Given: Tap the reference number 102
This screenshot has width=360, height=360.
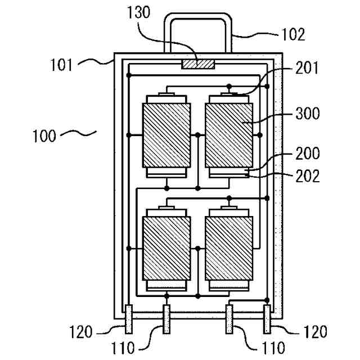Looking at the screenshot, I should pyautogui.click(x=294, y=34).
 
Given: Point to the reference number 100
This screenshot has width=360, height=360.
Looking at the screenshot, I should pyautogui.click(x=44, y=136).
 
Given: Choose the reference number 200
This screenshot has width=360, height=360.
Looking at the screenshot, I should pyautogui.click(x=307, y=154).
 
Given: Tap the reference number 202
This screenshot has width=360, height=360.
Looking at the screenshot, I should pyautogui.click(x=307, y=175).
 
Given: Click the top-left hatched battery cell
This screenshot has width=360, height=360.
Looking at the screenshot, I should pyautogui.click(x=166, y=134).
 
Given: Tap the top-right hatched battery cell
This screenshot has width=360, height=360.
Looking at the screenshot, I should pyautogui.click(x=228, y=134).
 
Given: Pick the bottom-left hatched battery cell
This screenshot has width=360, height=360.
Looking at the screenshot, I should pyautogui.click(x=166, y=247).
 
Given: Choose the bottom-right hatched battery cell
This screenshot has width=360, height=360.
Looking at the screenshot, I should pyautogui.click(x=228, y=247).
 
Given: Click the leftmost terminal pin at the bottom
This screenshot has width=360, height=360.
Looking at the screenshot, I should pyautogui.click(x=129, y=319).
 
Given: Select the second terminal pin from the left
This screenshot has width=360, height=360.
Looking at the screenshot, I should pyautogui.click(x=166, y=319).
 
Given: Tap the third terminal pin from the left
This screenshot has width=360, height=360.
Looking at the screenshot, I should pyautogui.click(x=230, y=319).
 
